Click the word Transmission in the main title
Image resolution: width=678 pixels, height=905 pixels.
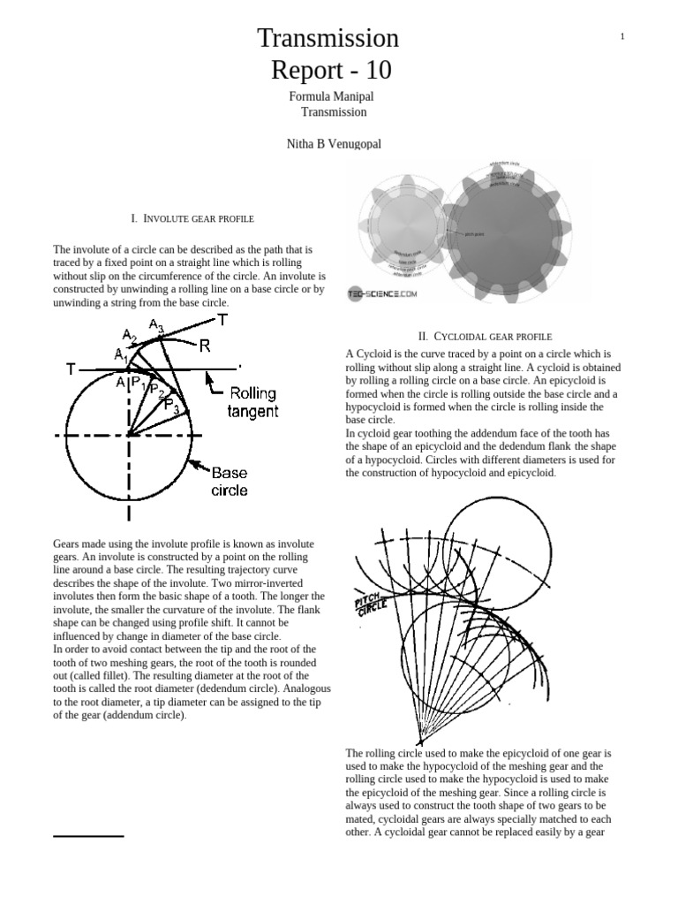(x=328, y=38)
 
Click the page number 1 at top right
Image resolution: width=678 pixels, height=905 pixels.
(x=622, y=36)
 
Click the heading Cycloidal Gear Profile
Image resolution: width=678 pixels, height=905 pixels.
(x=485, y=336)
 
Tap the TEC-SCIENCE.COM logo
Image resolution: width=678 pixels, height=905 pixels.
(x=382, y=295)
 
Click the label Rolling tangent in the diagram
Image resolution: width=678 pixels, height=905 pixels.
(x=252, y=402)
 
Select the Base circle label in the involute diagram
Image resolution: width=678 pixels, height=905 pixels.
(x=230, y=481)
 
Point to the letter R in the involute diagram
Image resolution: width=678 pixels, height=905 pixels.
(x=204, y=346)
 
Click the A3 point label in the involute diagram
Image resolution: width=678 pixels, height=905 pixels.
(x=155, y=326)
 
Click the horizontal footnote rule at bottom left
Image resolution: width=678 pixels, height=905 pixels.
(x=88, y=835)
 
